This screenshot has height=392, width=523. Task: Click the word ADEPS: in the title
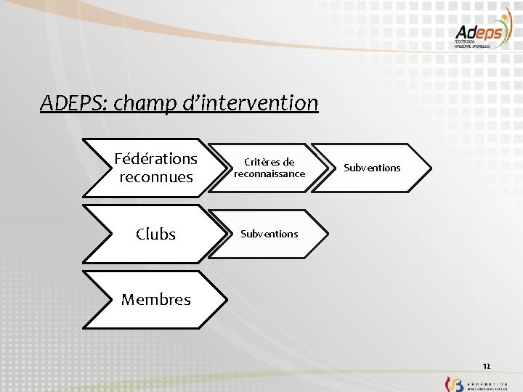pos(72,103)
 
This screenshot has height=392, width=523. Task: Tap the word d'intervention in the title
pos(256,103)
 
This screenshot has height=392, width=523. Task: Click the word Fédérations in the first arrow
pos(155,158)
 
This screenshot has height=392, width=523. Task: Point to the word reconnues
pos(155,177)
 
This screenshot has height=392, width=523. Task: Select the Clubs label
pos(155,234)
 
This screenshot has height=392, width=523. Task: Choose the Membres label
pos(155,299)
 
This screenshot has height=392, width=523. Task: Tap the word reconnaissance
pos(269,173)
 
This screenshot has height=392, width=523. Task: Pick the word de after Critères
pos(288,162)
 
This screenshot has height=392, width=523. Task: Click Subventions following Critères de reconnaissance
pos(372,168)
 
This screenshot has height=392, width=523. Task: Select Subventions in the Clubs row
pos(269,234)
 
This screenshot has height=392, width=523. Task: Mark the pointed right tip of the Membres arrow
pos(226,299)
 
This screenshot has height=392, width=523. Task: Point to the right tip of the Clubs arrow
pos(226,234)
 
